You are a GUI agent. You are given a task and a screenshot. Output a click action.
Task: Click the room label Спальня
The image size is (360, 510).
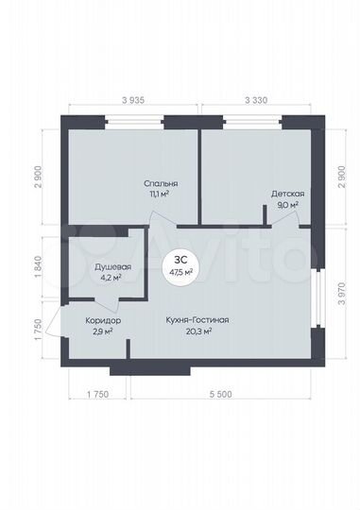162,183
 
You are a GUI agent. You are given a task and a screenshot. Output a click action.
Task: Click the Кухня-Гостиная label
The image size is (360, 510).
197,321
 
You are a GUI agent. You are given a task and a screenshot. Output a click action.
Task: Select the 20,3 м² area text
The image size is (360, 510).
197,331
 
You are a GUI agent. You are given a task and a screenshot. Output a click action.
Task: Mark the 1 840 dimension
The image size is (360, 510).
37,265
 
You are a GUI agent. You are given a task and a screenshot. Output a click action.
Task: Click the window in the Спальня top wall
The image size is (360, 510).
134,121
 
